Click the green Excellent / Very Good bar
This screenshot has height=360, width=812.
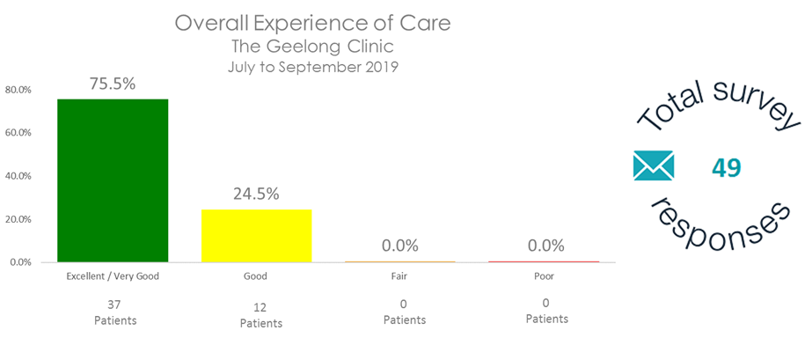pyautogui.click(x=113, y=180)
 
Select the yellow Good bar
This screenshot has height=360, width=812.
pyautogui.click(x=256, y=235)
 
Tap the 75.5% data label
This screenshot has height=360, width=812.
pyautogui.click(x=113, y=84)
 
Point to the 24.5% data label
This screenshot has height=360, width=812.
pyautogui.click(x=256, y=194)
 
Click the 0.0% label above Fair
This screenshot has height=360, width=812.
pyautogui.click(x=400, y=246)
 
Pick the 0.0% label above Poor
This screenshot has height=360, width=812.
pyautogui.click(x=545, y=246)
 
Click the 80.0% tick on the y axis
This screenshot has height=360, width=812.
pyautogui.click(x=18, y=90)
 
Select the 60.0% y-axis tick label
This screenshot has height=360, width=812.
pyautogui.click(x=18, y=133)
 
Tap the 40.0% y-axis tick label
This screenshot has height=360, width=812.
pyautogui.click(x=18, y=176)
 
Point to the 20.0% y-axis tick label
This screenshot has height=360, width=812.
pyautogui.click(x=18, y=219)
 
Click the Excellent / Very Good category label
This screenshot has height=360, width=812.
pyautogui.click(x=113, y=276)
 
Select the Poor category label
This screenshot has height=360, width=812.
pyautogui.click(x=546, y=276)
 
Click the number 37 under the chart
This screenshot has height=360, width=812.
pyautogui.click(x=114, y=305)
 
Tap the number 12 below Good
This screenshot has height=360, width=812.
pyautogui.click(x=260, y=306)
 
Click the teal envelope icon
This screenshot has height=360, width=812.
pyautogui.click(x=653, y=165)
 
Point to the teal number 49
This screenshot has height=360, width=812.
pyautogui.click(x=727, y=167)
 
